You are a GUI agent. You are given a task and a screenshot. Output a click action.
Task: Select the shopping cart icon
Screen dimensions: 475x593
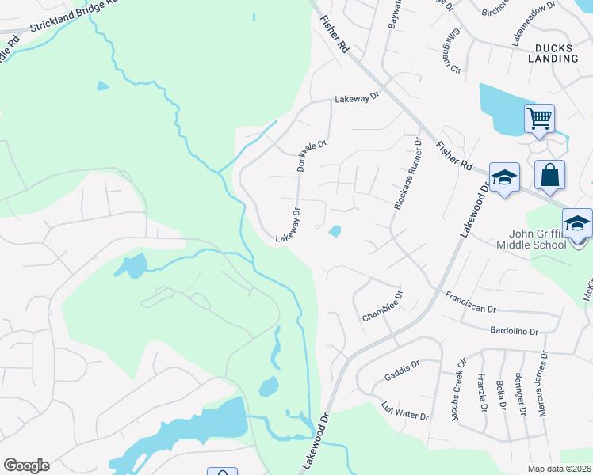(x=539, y=119)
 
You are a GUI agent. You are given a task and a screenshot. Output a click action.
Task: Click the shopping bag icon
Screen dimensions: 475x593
(x=549, y=175)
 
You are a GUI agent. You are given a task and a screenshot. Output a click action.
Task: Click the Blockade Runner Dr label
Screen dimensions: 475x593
(x=406, y=173)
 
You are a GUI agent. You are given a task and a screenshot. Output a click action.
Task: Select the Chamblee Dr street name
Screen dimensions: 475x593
(x=383, y=306)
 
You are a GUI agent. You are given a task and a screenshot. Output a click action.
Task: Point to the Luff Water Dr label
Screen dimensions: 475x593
(x=405, y=412)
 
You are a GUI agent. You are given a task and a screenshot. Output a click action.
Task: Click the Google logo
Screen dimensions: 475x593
(x=26, y=465)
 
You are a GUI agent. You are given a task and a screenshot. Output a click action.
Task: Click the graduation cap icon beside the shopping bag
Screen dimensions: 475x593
(x=503, y=177)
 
